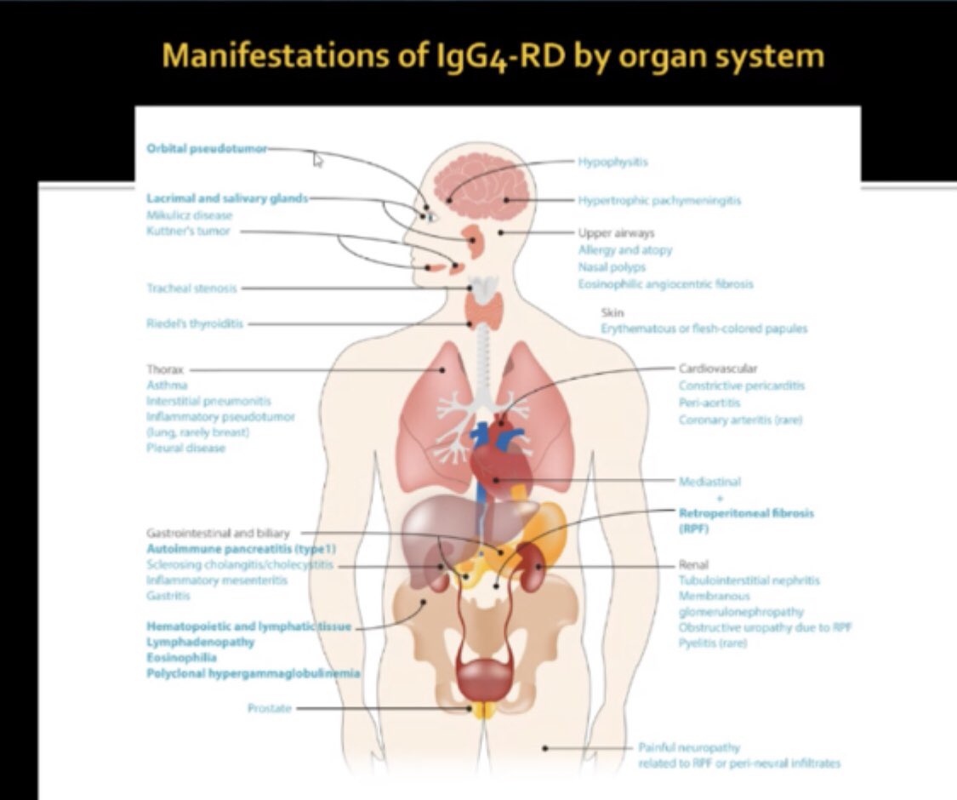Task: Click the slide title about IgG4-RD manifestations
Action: [493, 55]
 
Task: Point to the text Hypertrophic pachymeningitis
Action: [659, 201]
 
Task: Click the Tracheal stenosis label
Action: [191, 289]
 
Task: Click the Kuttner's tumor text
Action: [188, 231]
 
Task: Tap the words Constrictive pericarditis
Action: [741, 386]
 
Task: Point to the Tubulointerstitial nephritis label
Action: [749, 580]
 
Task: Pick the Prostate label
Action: [270, 707]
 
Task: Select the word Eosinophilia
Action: [181, 658]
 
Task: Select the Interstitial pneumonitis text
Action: [209, 401]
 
